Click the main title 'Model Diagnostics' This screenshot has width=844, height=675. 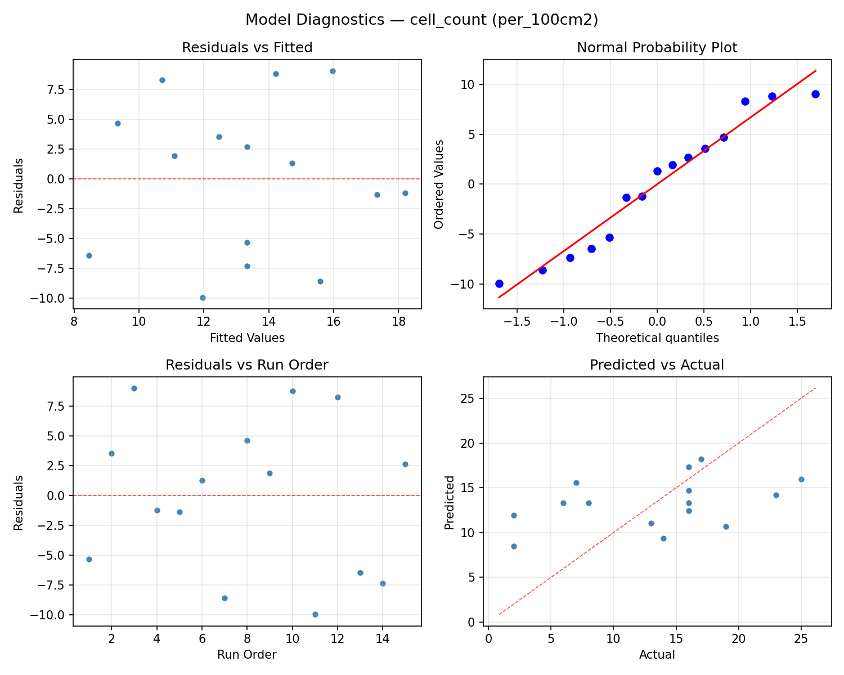[x=421, y=20]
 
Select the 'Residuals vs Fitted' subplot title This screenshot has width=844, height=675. [x=247, y=48]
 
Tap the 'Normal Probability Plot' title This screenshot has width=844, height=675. [x=657, y=48]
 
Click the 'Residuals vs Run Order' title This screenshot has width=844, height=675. [x=247, y=364]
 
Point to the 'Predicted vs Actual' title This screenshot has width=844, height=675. [x=657, y=364]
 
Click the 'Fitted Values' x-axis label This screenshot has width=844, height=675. [x=247, y=338]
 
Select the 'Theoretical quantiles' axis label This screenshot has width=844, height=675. [x=657, y=338]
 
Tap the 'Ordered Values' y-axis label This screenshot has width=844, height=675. [x=439, y=184]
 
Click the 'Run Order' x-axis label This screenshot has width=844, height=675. [x=247, y=655]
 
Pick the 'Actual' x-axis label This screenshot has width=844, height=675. [x=657, y=655]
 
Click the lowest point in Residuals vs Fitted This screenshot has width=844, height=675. [x=203, y=298]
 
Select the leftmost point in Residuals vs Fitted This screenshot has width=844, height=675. [x=89, y=255]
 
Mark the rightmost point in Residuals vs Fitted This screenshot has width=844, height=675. [x=405, y=193]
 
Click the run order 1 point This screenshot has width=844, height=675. [x=89, y=559]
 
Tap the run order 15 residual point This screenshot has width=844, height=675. [x=405, y=464]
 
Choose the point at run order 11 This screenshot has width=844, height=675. [x=315, y=614]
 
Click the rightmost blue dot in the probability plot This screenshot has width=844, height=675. [x=815, y=94]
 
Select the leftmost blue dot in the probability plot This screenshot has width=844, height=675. [x=499, y=283]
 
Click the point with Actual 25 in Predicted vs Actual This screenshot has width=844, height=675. [x=801, y=479]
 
